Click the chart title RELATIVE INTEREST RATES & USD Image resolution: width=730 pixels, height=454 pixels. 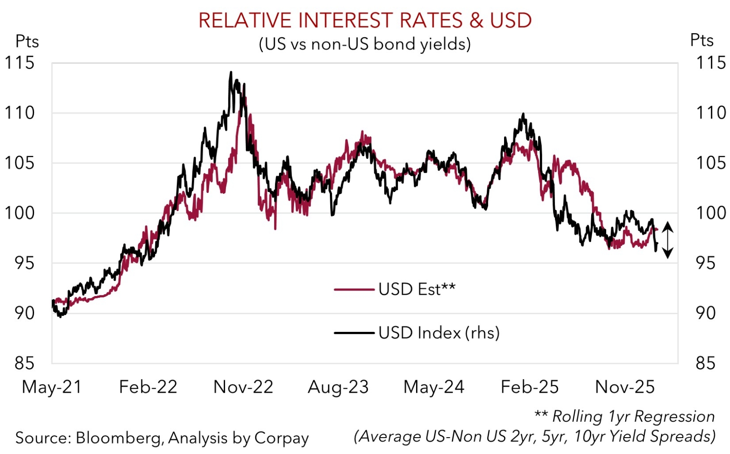pyautogui.click(x=365, y=20)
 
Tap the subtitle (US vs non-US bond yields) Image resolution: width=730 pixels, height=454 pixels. pyautogui.click(x=365, y=44)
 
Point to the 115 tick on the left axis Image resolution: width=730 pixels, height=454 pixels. pyautogui.click(x=20, y=63)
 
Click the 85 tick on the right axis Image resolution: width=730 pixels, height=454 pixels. pyautogui.click(x=706, y=363)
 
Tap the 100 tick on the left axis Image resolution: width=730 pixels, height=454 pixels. pyautogui.click(x=20, y=212)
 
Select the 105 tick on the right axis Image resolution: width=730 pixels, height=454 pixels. pyautogui.click(x=710, y=163)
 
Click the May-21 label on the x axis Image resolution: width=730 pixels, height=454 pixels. pyautogui.click(x=52, y=387)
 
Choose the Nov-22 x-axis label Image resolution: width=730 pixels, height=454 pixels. pyautogui.click(x=243, y=387)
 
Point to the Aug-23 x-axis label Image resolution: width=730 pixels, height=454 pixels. pyautogui.click(x=338, y=387)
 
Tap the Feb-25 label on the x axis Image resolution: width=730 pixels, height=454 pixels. pyautogui.click(x=529, y=387)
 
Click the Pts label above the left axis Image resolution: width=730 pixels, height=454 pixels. pyautogui.click(x=27, y=41)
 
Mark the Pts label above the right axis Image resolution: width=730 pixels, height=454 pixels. pyautogui.click(x=701, y=40)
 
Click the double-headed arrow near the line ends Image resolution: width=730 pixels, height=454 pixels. pyautogui.click(x=667, y=240)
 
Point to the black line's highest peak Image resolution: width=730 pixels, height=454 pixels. pyautogui.click(x=231, y=72)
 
